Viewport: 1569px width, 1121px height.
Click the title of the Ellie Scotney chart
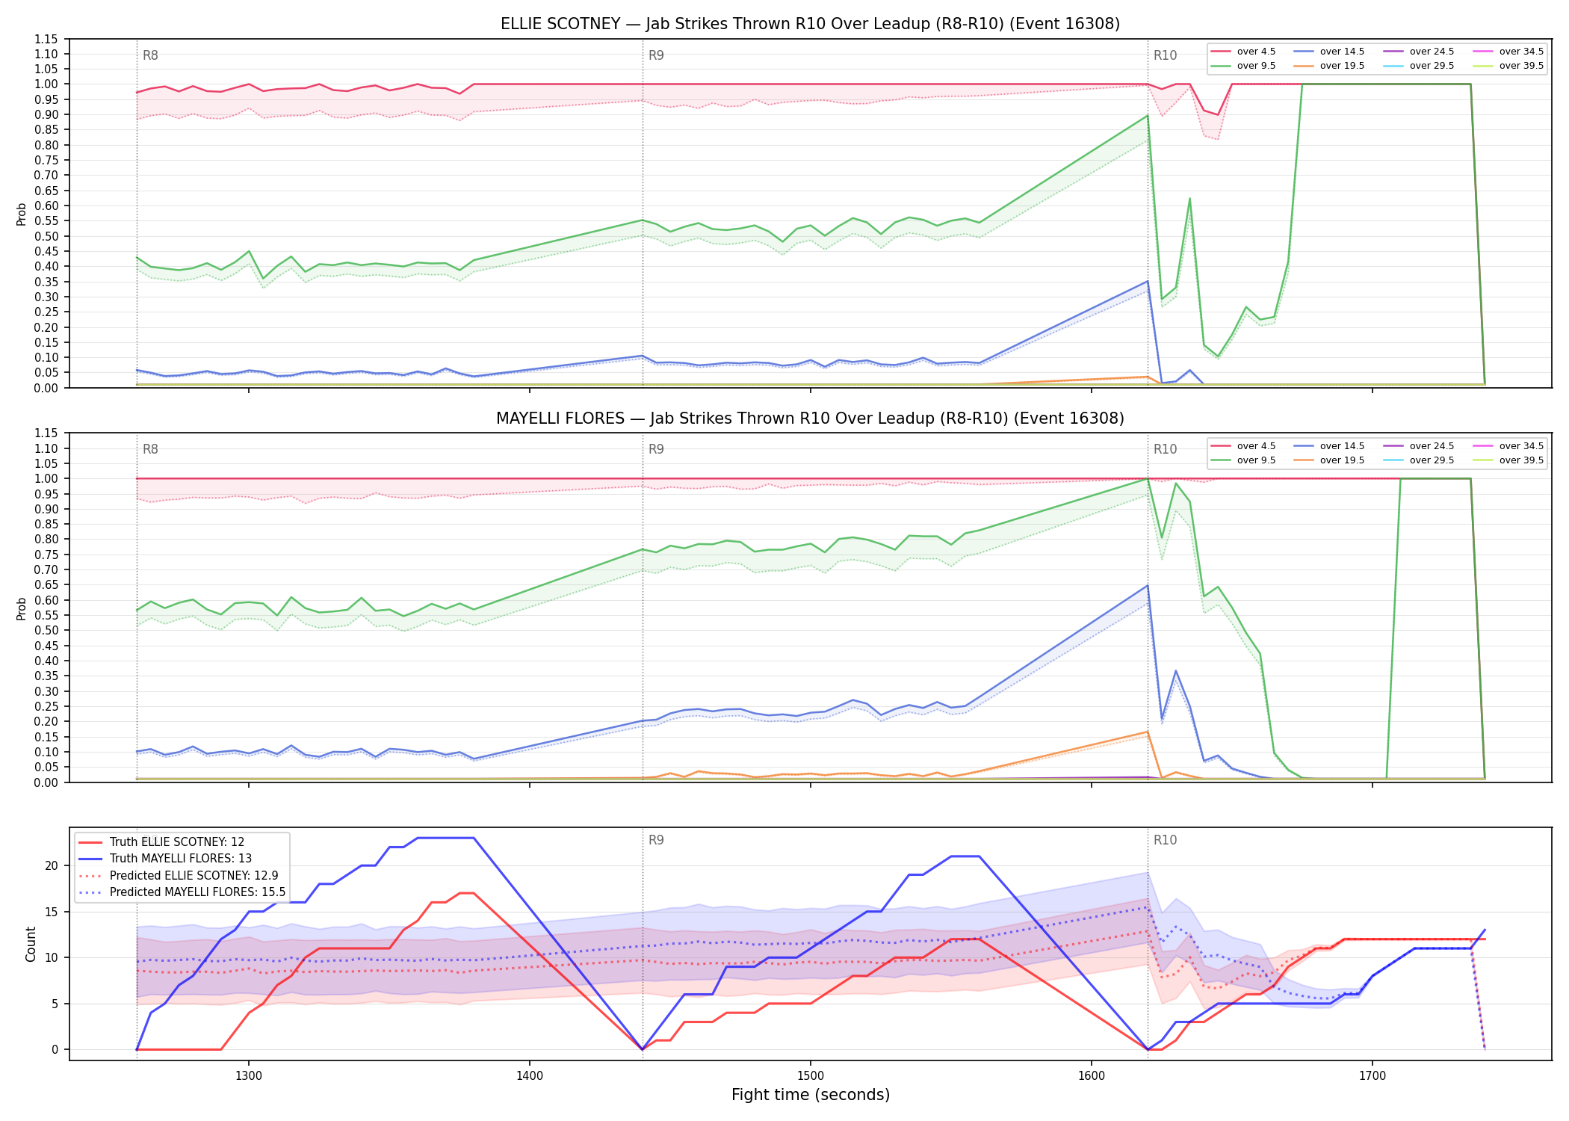coord(810,24)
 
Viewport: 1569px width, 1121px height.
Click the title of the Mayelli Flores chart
coord(810,419)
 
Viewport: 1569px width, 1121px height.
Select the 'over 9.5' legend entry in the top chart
coord(1243,66)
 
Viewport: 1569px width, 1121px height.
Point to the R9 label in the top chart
coord(656,55)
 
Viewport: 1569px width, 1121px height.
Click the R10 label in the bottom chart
coord(1165,840)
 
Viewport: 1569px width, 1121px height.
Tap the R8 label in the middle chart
coord(150,449)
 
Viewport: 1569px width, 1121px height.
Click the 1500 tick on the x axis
coord(811,1076)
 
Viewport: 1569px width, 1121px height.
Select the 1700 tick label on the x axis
coord(1373,1076)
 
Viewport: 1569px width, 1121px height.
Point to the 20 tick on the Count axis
coord(52,866)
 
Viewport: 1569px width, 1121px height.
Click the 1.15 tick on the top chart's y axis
coord(46,39)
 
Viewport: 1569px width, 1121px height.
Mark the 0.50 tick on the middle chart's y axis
coord(46,631)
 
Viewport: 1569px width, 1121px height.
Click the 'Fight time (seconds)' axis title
coord(811,1095)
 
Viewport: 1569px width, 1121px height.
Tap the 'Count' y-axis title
coord(31,944)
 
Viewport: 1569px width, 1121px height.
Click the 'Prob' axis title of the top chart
coord(22,214)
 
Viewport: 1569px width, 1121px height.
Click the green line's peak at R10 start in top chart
coord(1148,115)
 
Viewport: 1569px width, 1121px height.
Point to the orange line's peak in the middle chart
coord(1148,732)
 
